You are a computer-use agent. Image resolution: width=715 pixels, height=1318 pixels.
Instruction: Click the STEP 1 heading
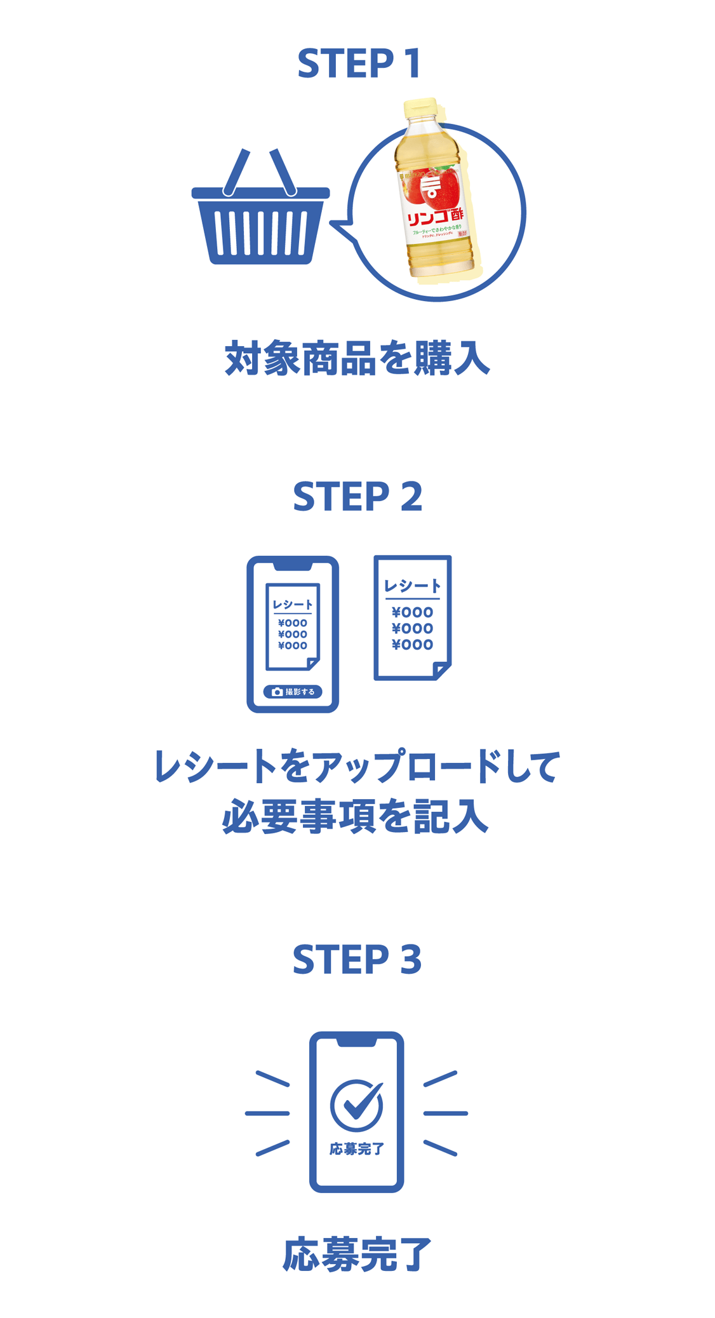pyautogui.click(x=358, y=64)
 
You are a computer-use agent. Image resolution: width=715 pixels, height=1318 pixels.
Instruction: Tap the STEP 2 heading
pyautogui.click(x=357, y=497)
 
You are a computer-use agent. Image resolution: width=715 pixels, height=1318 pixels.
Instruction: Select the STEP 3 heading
pyautogui.click(x=357, y=959)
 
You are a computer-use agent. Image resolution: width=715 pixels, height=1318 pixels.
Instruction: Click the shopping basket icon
pyautogui.click(x=260, y=216)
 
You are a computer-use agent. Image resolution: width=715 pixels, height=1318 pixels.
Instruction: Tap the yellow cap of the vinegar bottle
pyautogui.click(x=418, y=109)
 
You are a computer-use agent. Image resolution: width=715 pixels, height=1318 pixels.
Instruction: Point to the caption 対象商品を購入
pyautogui.click(x=357, y=359)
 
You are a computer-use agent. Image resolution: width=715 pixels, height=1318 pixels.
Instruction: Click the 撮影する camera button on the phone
pyautogui.click(x=293, y=692)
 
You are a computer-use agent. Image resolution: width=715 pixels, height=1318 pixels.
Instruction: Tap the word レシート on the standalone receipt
pyautogui.click(x=412, y=586)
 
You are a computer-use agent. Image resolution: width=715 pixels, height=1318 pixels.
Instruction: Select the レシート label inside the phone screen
pyautogui.click(x=293, y=605)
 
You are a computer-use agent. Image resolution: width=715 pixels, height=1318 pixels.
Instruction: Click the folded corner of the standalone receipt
pyautogui.click(x=441, y=670)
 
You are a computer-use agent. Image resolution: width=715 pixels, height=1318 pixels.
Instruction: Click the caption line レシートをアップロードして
pyautogui.click(x=357, y=766)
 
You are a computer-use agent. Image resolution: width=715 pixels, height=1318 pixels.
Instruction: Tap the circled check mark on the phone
pyautogui.click(x=357, y=1105)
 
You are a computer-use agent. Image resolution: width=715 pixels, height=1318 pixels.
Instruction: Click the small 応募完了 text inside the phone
pyautogui.click(x=357, y=1148)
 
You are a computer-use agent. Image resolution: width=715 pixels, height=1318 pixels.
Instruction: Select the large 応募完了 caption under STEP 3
pyautogui.click(x=357, y=1254)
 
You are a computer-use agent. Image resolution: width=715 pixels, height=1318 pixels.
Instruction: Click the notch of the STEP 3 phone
pyautogui.click(x=357, y=1042)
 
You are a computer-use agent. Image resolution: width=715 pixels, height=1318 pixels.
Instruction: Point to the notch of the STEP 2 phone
pyautogui.click(x=293, y=565)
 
